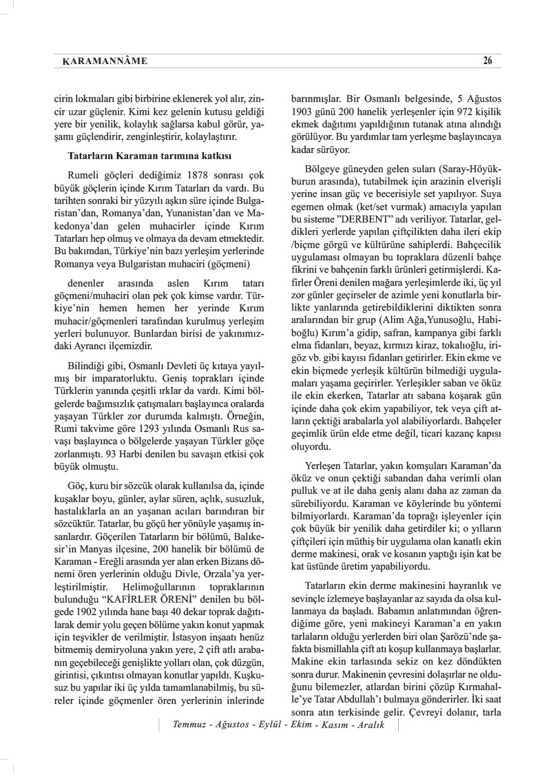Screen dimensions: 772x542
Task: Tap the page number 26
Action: click(x=487, y=60)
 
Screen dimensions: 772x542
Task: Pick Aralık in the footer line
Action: click(x=366, y=744)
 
